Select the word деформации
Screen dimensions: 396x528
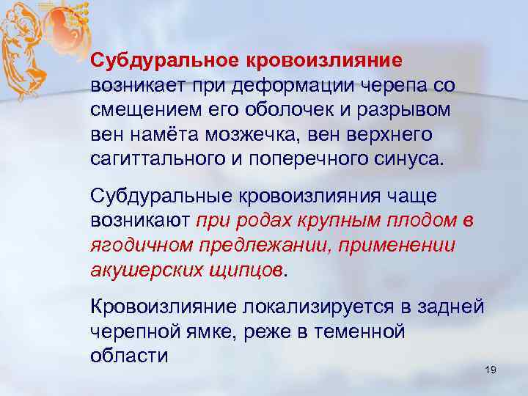(x=292, y=85)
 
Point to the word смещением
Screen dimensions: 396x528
(x=138, y=111)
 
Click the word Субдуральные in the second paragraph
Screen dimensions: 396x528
(x=159, y=197)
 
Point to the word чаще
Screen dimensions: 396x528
(x=419, y=197)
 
